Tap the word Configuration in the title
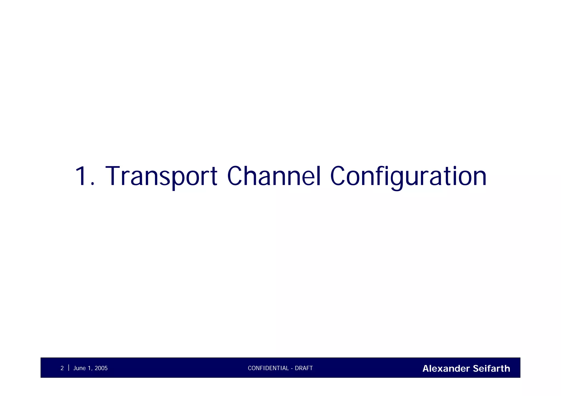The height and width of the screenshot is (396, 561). click(408, 177)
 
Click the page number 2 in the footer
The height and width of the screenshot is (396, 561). click(62, 368)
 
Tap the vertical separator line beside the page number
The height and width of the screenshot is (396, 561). click(68, 368)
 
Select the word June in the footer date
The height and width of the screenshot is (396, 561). click(79, 368)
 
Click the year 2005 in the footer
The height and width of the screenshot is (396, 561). click(101, 368)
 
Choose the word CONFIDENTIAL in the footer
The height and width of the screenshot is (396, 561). click(268, 368)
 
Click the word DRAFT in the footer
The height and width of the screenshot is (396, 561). click(304, 368)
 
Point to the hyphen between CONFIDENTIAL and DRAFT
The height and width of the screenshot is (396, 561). click(292, 369)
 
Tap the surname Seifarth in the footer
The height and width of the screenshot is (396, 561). click(491, 369)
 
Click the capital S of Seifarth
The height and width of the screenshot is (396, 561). click(476, 369)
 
